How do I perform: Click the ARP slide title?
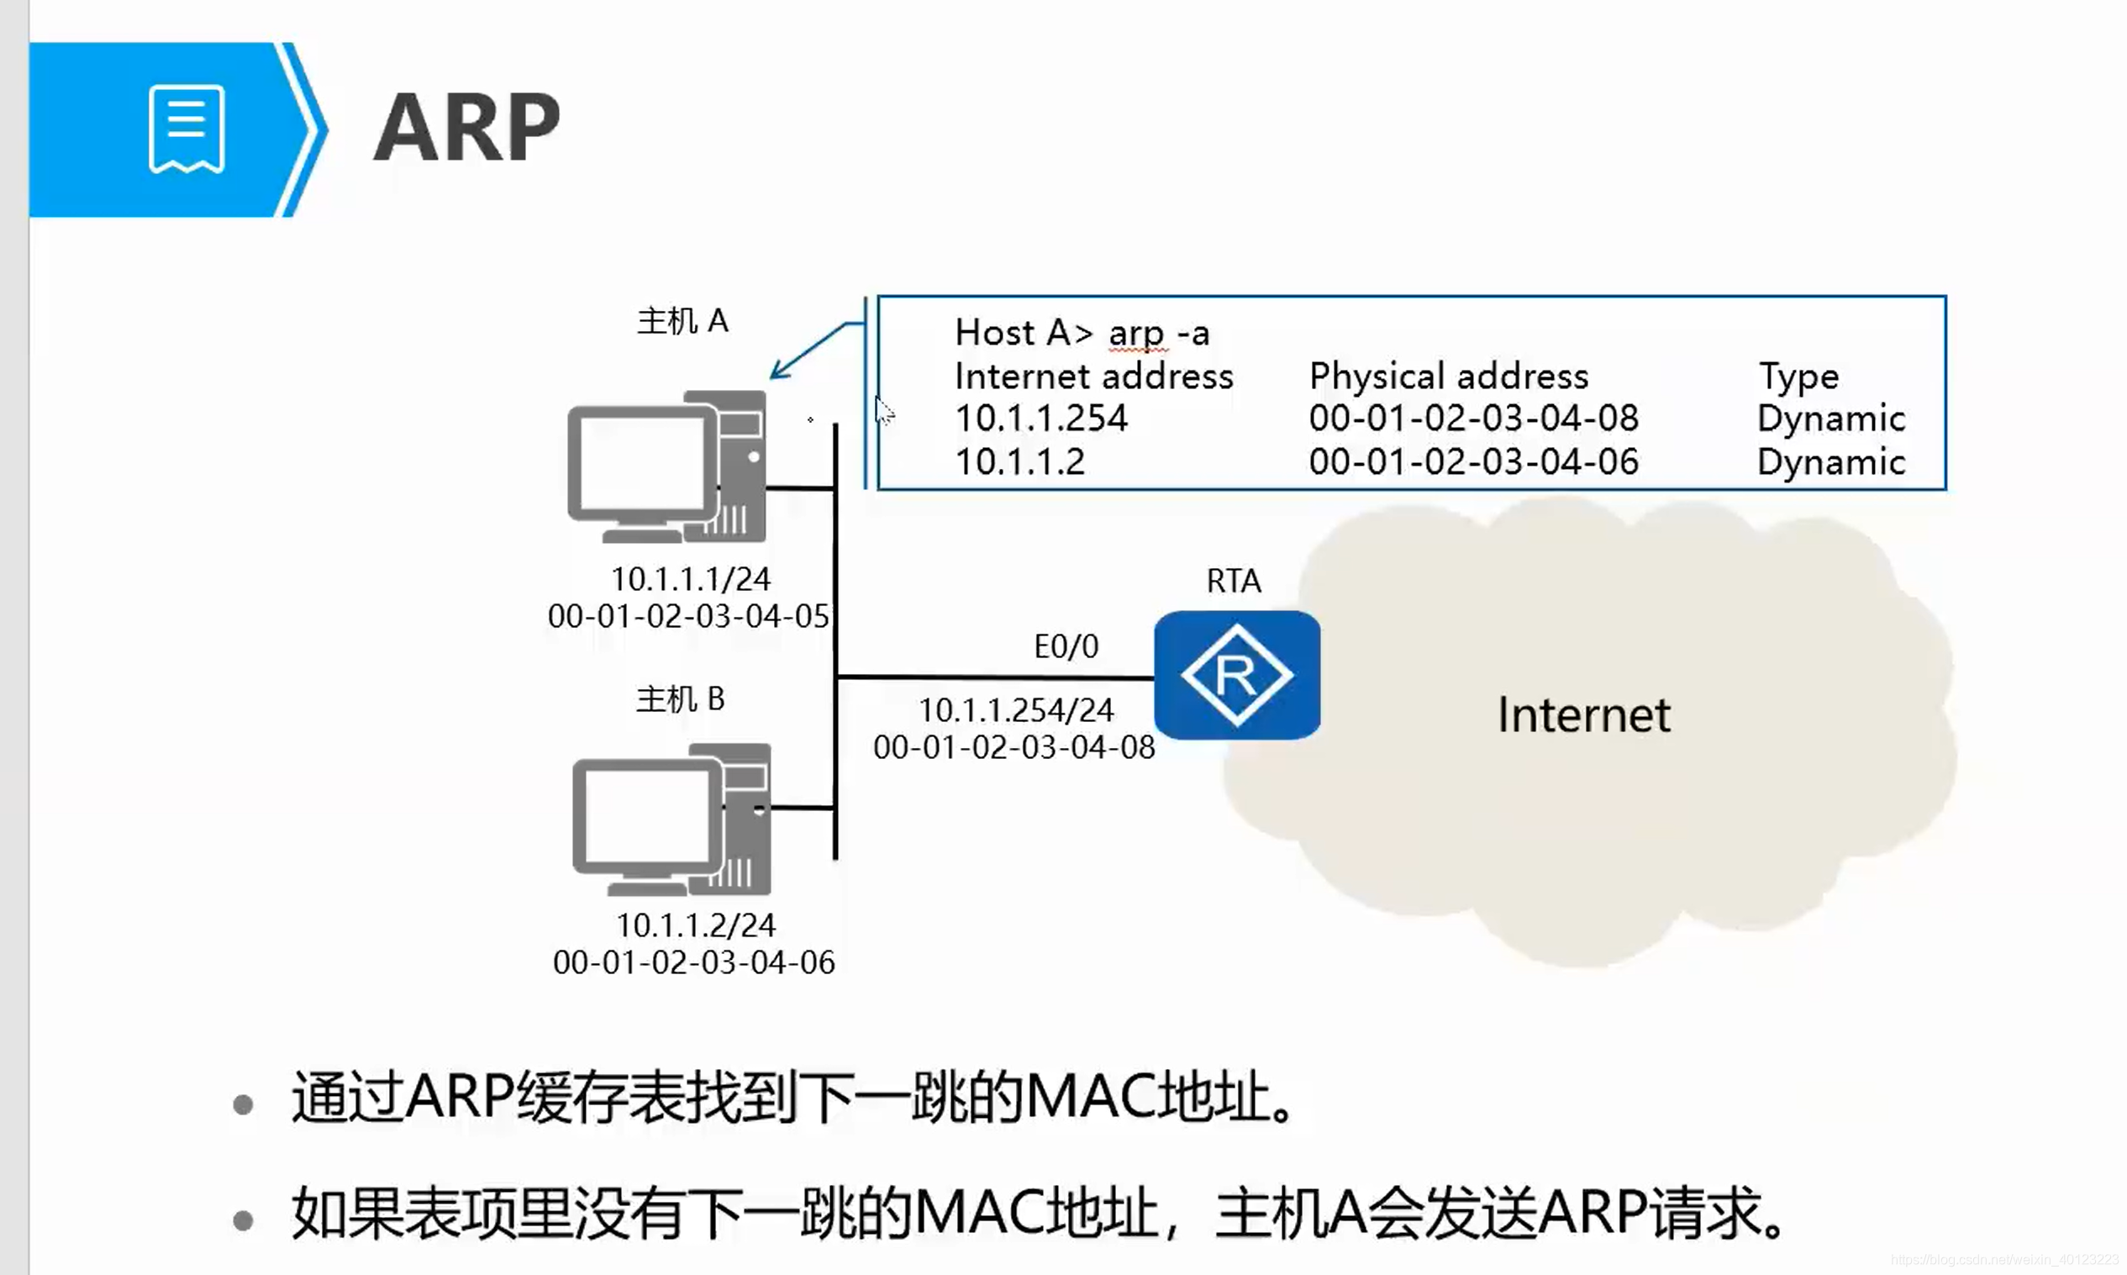[x=466, y=128]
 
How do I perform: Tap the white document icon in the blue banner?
[x=187, y=129]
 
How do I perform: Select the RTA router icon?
[x=1236, y=675]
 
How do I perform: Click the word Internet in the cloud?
[x=1583, y=715]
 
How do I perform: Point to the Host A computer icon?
[x=666, y=467]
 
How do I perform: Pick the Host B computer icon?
[x=671, y=819]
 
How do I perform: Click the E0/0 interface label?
[x=1066, y=646]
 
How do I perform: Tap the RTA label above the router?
[x=1234, y=582]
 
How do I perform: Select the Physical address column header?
[x=1448, y=377]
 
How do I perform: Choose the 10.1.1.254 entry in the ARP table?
[x=1041, y=419]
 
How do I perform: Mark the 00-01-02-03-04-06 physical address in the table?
[x=1473, y=462]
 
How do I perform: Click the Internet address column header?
[x=1093, y=377]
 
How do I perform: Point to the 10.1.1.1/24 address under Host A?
[x=691, y=579]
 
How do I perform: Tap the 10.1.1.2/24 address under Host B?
[x=695, y=925]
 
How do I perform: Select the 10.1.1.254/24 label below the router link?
[x=1015, y=710]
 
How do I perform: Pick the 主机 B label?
[x=681, y=699]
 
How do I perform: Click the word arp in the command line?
[x=1135, y=334]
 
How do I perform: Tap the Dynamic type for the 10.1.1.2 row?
[x=1830, y=462]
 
